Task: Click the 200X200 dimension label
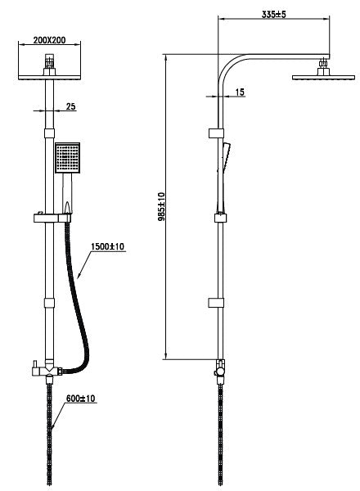coord(49,40)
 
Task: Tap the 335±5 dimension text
coord(273,15)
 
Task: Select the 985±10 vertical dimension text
coord(161,207)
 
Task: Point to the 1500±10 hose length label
coord(108,246)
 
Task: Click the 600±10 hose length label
coord(80,399)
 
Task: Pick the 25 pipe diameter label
coord(70,106)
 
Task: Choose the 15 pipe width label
coord(240,92)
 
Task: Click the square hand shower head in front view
coord(68,158)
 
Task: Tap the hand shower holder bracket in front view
coord(52,218)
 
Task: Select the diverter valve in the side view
coord(220,371)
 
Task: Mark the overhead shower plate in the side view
coord(323,78)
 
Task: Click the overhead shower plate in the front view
coord(49,78)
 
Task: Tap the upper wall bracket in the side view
coord(216,133)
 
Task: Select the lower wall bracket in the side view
coord(216,303)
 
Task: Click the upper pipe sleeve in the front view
coord(49,133)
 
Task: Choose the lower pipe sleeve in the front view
coord(49,303)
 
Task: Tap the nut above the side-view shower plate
coord(322,64)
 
